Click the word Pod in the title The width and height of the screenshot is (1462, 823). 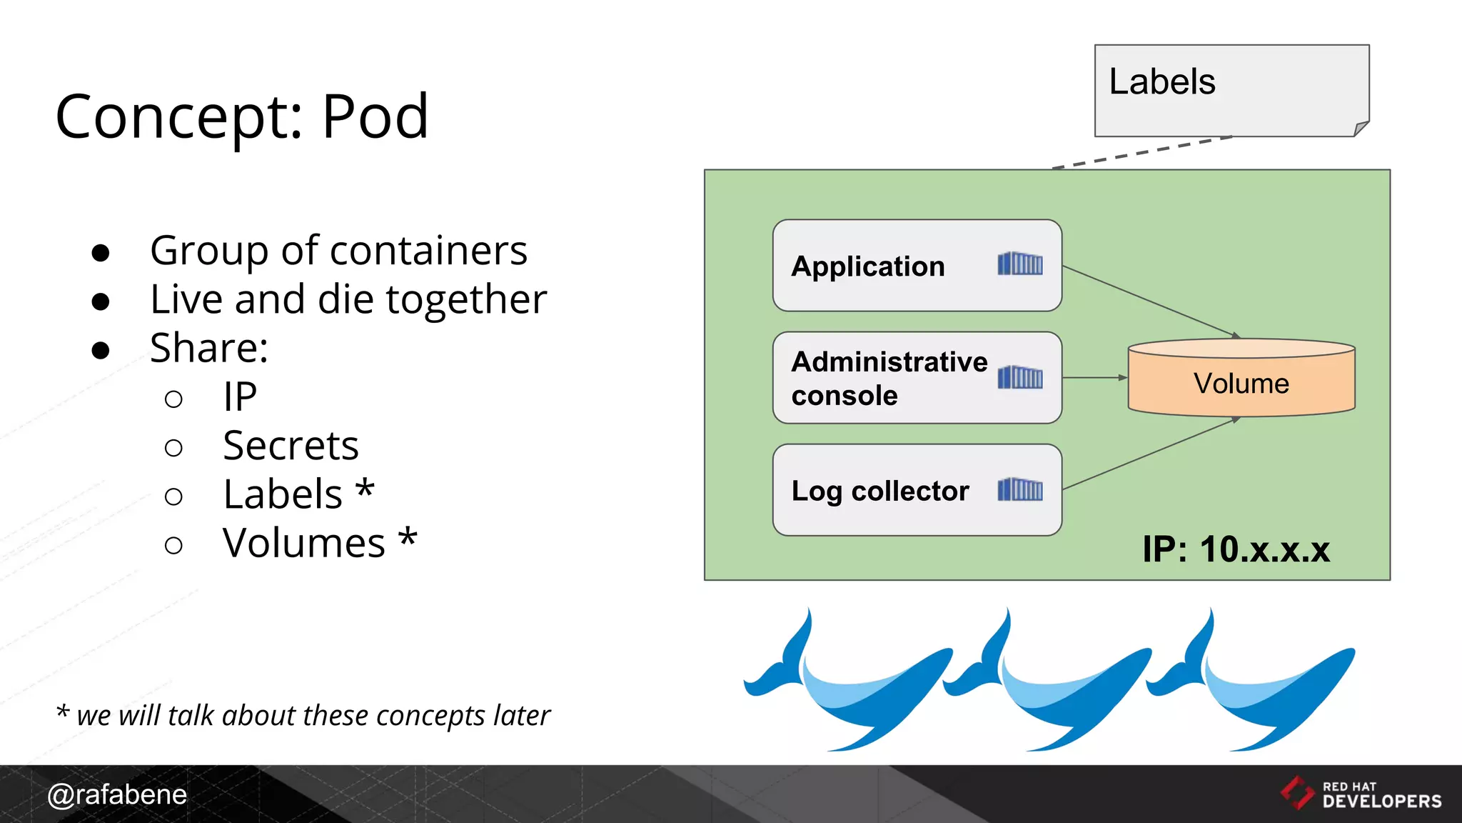click(375, 116)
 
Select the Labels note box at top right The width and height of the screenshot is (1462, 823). click(1231, 91)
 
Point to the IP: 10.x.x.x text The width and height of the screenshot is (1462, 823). click(1236, 549)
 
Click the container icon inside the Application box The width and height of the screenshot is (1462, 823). click(1020, 264)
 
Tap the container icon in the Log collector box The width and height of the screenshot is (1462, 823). click(1020, 489)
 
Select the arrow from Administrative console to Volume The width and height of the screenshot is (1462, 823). click(1094, 377)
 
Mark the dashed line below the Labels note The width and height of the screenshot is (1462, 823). click(1142, 152)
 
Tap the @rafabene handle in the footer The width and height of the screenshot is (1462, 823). click(117, 794)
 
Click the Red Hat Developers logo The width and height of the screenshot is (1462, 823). click(1361, 794)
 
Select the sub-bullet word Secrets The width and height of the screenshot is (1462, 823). click(291, 446)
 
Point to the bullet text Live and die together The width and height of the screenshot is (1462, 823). click(348, 299)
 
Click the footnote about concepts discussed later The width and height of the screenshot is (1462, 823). click(303, 715)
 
